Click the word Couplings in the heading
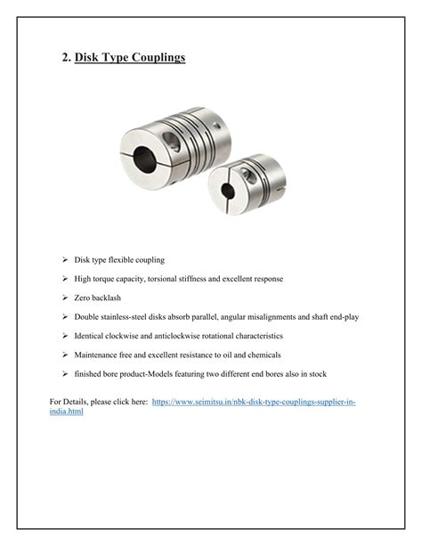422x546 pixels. click(157, 58)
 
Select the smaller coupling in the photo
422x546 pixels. click(242, 185)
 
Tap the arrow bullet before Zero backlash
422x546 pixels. click(65, 297)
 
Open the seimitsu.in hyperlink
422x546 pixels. click(254, 403)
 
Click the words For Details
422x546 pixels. click(67, 403)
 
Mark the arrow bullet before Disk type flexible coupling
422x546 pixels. click(65, 260)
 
